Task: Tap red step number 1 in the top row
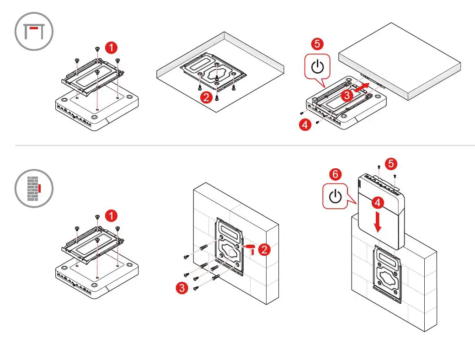pyautogui.click(x=111, y=47)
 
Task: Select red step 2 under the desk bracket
pyautogui.click(x=206, y=97)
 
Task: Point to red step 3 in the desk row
pyautogui.click(x=347, y=95)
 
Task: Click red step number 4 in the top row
pyautogui.click(x=305, y=124)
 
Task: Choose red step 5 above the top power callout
pyautogui.click(x=317, y=44)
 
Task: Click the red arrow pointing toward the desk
pyautogui.click(x=362, y=87)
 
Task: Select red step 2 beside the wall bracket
pyautogui.click(x=264, y=249)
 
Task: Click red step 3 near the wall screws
pyautogui.click(x=182, y=288)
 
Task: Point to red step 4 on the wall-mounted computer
pyautogui.click(x=377, y=202)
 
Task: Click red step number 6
pyautogui.click(x=335, y=174)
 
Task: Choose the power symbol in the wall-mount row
pyautogui.click(x=336, y=197)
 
